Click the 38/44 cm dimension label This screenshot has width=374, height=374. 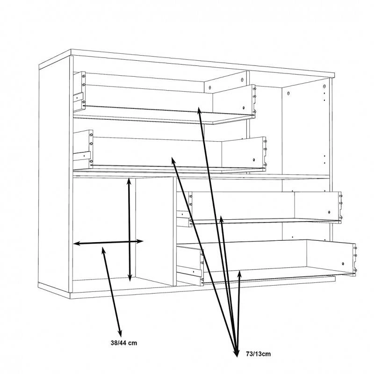(124, 343)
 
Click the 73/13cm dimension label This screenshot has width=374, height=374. (259, 354)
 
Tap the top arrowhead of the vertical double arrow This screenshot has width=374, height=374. (129, 181)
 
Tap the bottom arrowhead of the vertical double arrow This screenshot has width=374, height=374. (130, 277)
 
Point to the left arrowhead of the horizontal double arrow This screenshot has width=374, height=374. (77, 244)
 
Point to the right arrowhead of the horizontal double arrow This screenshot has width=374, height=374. (139, 241)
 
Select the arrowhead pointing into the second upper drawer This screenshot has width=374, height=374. (173, 161)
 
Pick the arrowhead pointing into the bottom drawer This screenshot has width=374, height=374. (240, 274)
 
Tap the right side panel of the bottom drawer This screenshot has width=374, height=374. (331, 257)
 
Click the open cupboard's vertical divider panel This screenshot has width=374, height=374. (155, 231)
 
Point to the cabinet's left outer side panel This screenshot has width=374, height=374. (54, 177)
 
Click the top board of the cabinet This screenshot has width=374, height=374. (187, 63)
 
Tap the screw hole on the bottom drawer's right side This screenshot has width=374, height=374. (343, 264)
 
